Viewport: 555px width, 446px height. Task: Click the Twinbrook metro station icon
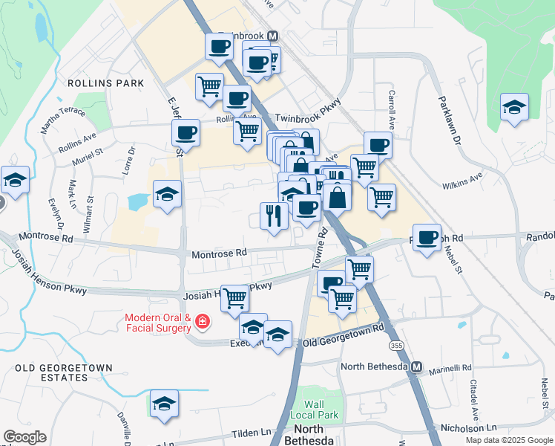[273, 36]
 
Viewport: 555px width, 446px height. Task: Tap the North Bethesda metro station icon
[417, 367]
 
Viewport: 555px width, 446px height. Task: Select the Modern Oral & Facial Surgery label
[157, 322]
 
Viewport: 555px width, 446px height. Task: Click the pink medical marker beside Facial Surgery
[202, 322]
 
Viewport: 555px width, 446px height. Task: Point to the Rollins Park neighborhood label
[105, 83]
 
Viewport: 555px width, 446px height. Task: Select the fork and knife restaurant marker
[274, 216]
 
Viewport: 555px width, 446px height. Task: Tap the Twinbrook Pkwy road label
[307, 118]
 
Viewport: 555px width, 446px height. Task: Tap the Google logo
[24, 437]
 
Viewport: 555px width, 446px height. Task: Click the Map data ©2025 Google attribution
[509, 440]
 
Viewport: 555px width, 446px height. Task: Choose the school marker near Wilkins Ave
[514, 108]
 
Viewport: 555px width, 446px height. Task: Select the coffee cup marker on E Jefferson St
[185, 134]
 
